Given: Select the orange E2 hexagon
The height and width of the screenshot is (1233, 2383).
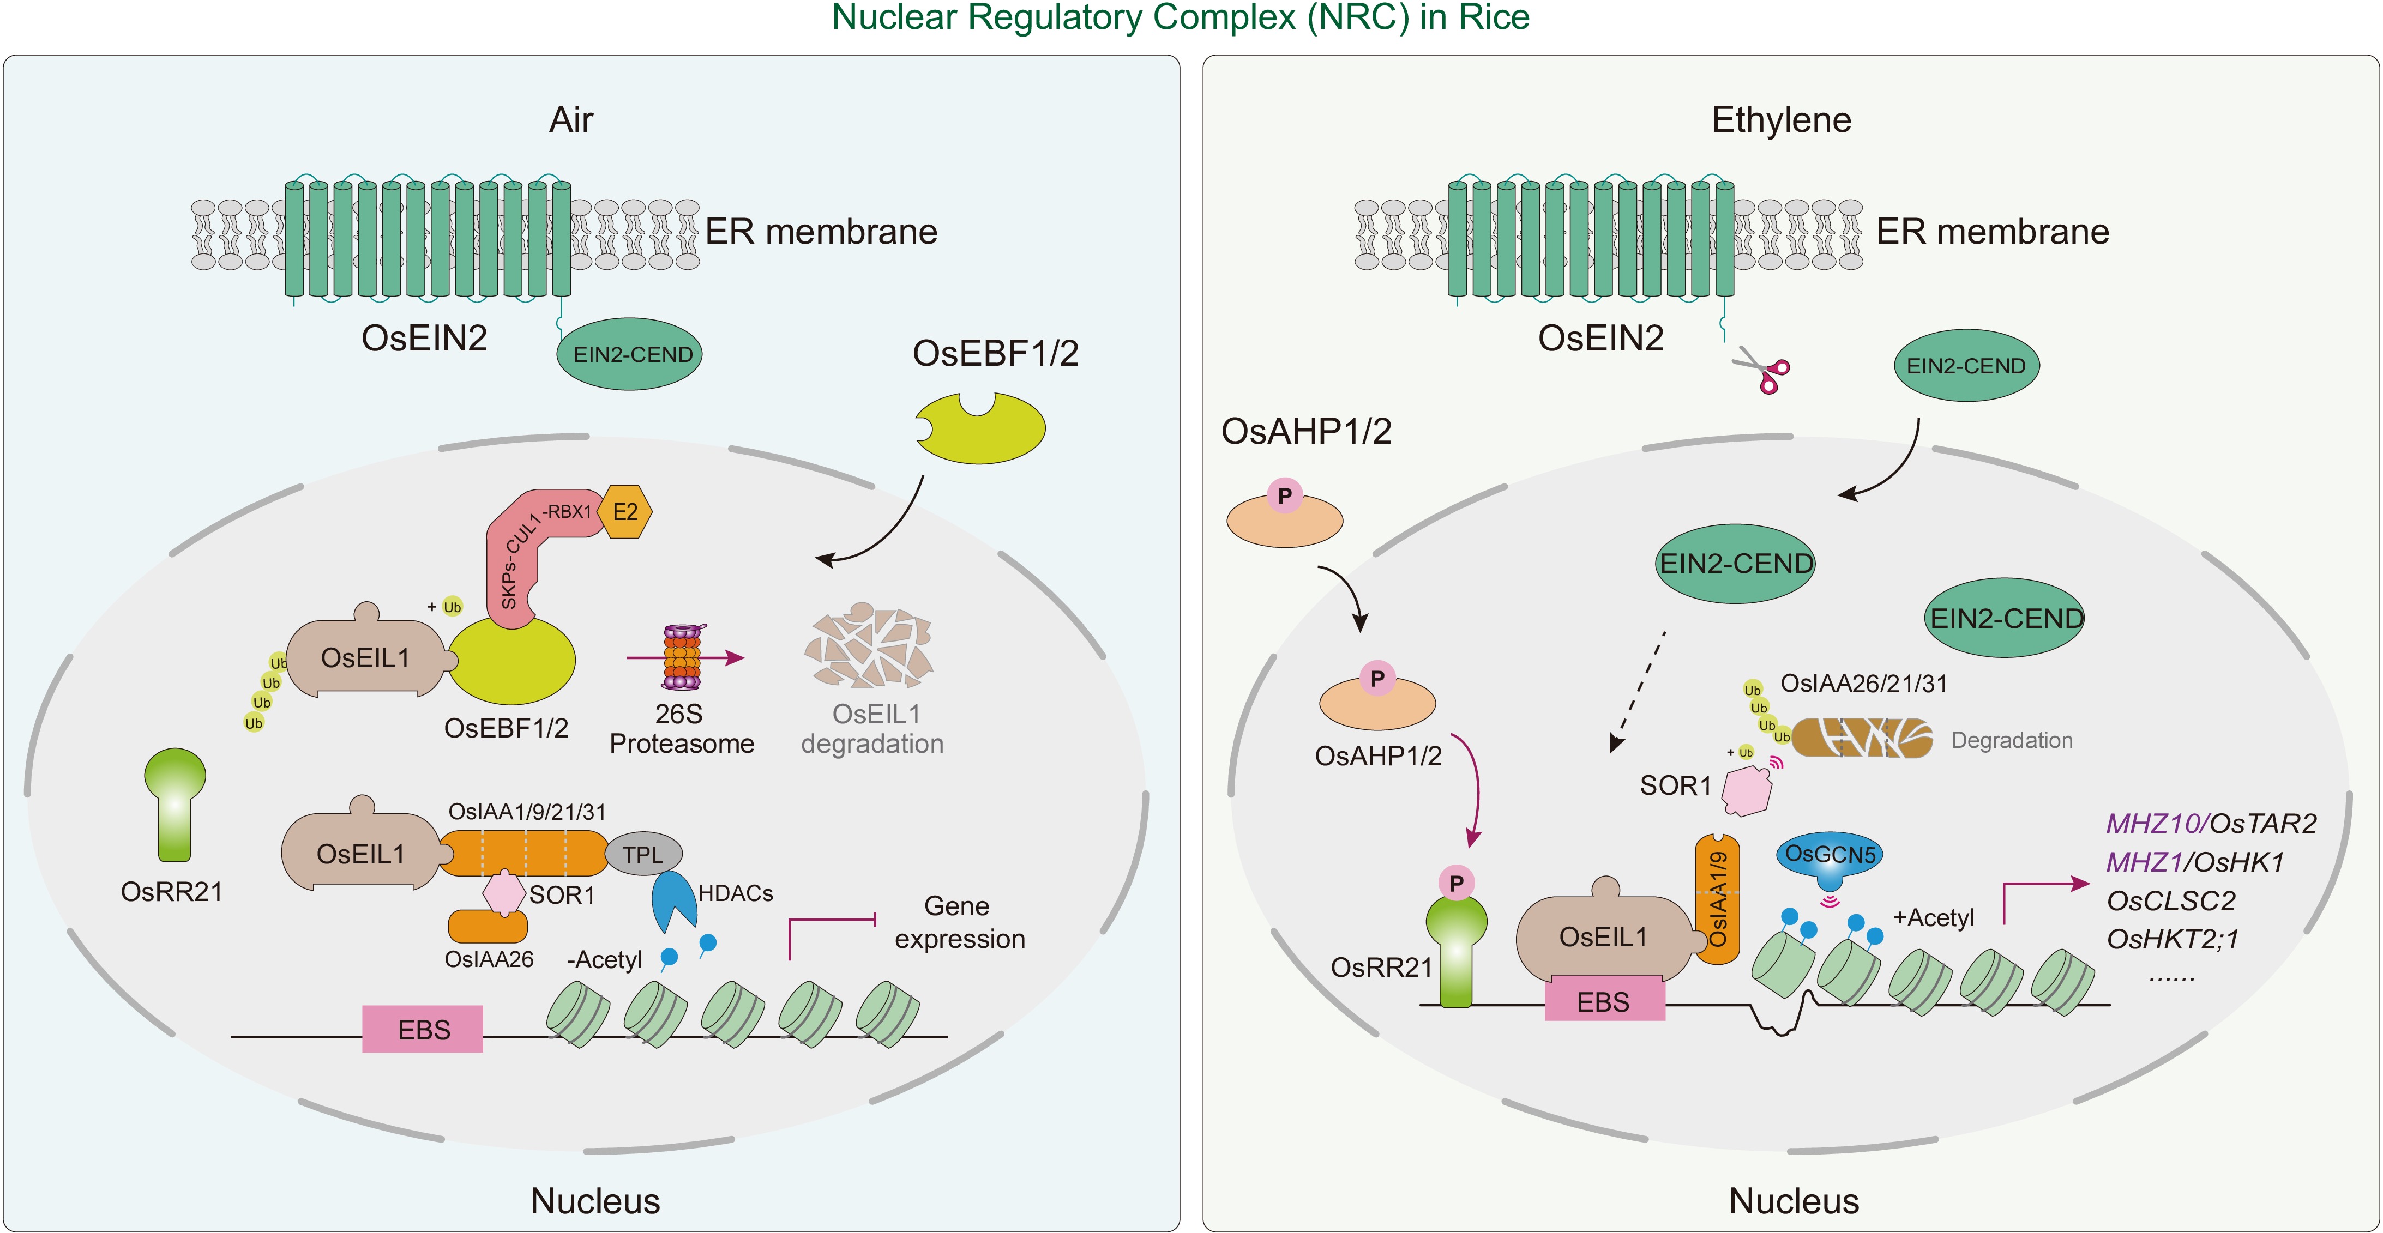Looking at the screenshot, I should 625,511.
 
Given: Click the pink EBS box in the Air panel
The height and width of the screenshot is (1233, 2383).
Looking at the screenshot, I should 423,1029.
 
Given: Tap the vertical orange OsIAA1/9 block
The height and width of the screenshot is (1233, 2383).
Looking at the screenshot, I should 1717,899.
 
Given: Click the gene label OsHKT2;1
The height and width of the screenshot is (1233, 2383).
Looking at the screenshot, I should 2172,939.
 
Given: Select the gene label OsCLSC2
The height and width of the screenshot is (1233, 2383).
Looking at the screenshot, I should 2170,900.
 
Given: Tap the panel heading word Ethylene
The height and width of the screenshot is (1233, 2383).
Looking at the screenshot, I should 1781,120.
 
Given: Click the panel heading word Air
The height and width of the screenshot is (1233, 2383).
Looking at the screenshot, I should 571,120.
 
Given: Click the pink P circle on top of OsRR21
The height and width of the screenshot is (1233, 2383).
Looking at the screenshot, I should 1456,884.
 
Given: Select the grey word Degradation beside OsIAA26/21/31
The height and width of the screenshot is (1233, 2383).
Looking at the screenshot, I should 2011,740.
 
